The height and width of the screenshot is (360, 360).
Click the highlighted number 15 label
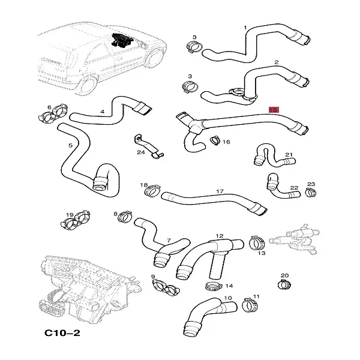(273, 110)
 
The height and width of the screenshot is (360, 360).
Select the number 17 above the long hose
(220, 192)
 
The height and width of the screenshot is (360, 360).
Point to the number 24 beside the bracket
(141, 152)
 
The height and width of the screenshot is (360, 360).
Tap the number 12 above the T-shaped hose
(220, 236)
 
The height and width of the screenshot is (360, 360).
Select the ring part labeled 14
(211, 284)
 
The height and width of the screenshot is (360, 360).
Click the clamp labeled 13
(256, 244)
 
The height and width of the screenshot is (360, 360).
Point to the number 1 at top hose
(245, 28)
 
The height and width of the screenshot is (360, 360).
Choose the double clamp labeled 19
(76, 224)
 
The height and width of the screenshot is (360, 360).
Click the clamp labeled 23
(310, 192)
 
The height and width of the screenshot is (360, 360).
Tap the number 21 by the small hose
(288, 155)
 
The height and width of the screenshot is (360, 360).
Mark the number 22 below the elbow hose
(294, 188)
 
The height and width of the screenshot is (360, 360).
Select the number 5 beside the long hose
(70, 146)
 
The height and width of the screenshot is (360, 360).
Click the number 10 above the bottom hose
(227, 298)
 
